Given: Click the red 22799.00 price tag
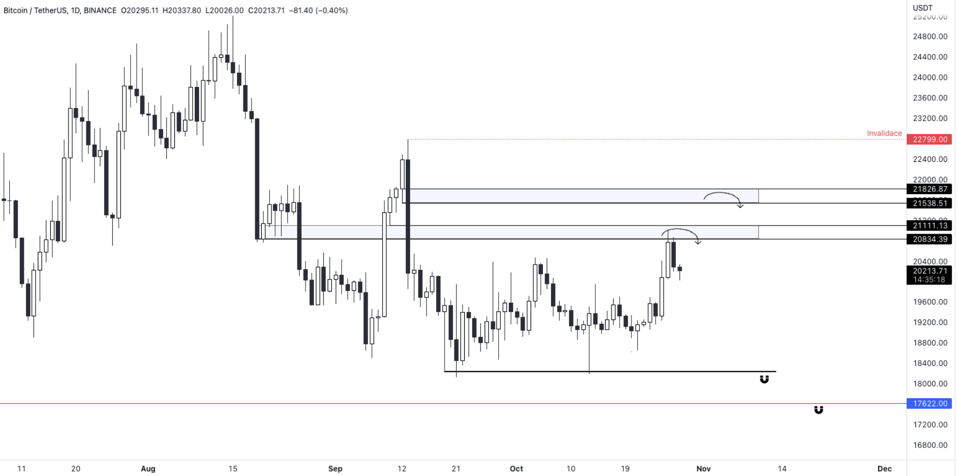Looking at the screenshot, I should [929, 139].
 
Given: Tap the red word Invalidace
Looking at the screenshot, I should [884, 133].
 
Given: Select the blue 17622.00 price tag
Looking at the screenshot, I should [929, 403].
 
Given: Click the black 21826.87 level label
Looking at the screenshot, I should [929, 189].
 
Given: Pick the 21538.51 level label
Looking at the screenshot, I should [929, 203].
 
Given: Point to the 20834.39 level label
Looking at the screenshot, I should [929, 239].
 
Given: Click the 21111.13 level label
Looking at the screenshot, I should [929, 226].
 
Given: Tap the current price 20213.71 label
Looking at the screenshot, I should [929, 271].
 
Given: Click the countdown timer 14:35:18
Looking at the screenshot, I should [929, 280].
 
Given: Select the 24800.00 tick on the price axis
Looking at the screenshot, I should [929, 37].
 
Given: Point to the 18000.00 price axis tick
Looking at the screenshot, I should [929, 384].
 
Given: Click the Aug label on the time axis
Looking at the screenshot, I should [148, 468].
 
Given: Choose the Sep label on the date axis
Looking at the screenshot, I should [335, 468].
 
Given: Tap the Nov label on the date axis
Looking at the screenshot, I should [703, 468].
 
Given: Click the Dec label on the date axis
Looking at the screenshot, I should [884, 468].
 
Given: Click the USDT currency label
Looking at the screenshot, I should [922, 8].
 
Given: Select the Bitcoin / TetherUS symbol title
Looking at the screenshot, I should [35, 10].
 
